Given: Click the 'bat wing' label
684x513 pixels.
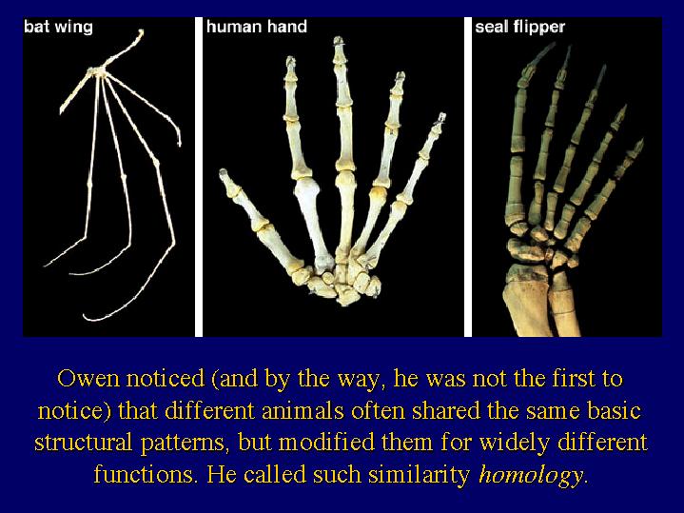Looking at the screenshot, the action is pyautogui.click(x=58, y=27).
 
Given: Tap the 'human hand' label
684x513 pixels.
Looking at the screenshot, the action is pyautogui.click(x=257, y=27).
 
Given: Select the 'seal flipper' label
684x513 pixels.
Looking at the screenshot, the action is pyautogui.click(x=519, y=27).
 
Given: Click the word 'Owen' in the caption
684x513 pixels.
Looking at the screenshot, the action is pyautogui.click(x=88, y=379).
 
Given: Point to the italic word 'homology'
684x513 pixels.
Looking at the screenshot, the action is pyautogui.click(x=530, y=475).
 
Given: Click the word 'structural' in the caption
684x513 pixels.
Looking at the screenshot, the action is pyautogui.click(x=84, y=443).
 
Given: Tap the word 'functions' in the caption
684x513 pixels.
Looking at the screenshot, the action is pyautogui.click(x=144, y=474).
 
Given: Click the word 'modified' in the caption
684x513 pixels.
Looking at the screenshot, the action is pyautogui.click(x=326, y=442).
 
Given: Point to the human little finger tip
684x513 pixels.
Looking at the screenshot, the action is pyautogui.click(x=441, y=116).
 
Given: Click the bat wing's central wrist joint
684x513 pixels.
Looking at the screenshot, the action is pyautogui.click(x=98, y=72).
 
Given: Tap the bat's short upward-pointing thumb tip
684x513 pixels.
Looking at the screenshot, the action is pyautogui.click(x=141, y=31).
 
